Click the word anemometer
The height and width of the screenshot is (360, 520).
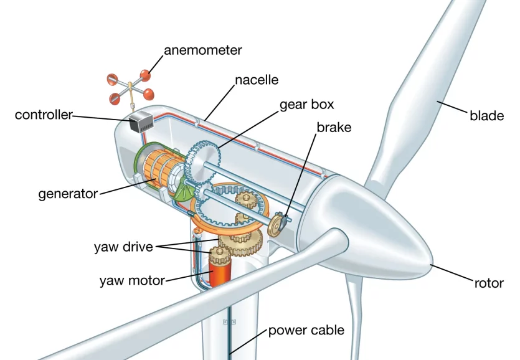pyautogui.click(x=202, y=50)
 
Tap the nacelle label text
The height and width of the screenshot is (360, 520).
pyautogui.click(x=257, y=80)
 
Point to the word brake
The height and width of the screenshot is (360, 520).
pyautogui.click(x=334, y=128)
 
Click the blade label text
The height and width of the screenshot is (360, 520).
pyautogui.click(x=486, y=115)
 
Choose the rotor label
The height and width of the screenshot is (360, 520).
pyautogui.click(x=489, y=283)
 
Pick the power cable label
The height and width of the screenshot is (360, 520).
pyautogui.click(x=306, y=330)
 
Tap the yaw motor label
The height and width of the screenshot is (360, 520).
pyautogui.click(x=132, y=281)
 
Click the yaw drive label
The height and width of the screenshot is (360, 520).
pyautogui.click(x=123, y=247)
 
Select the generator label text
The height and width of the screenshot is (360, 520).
pyautogui.click(x=68, y=194)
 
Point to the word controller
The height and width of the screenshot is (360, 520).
pyautogui.click(x=44, y=115)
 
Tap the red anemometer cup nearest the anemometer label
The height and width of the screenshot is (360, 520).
pyautogui.click(x=145, y=76)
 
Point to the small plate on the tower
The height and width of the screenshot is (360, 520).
pyautogui.click(x=229, y=322)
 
